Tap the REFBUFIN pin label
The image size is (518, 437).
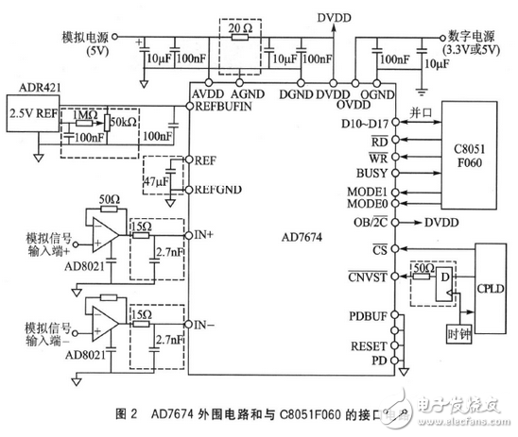click(x=224, y=107)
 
